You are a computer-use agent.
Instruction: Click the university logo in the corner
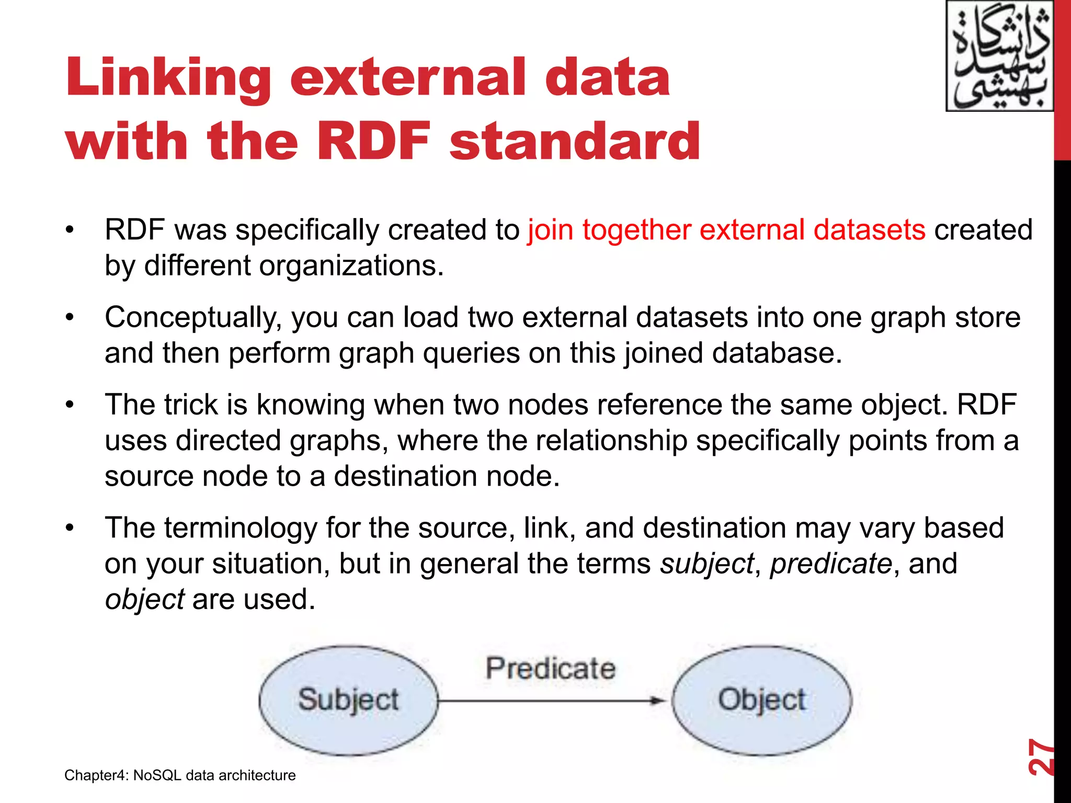999,56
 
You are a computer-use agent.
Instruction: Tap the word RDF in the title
373,141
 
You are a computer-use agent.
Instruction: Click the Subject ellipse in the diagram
348,701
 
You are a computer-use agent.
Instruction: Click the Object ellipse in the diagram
761,701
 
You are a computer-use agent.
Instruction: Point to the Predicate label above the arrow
550,669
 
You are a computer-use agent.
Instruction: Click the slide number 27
1040,756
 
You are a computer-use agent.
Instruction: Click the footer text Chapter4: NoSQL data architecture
180,775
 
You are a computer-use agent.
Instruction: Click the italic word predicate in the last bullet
830,564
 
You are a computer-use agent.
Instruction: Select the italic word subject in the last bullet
707,564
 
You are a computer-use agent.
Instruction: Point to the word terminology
241,528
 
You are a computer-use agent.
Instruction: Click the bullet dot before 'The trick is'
70,405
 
